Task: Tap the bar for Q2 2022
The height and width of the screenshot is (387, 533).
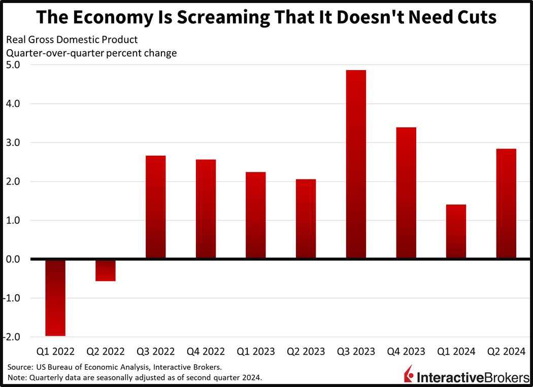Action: coord(106,270)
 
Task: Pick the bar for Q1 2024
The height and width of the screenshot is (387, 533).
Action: coord(456,232)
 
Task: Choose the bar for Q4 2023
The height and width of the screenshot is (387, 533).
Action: coord(406,193)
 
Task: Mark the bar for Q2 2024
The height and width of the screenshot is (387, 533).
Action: coord(506,204)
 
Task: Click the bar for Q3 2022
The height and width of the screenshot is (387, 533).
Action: coord(155,207)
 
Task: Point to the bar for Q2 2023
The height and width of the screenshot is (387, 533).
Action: coord(306,219)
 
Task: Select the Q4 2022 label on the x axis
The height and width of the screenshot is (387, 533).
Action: coord(205,351)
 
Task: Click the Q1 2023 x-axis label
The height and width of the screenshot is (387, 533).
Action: coord(255,351)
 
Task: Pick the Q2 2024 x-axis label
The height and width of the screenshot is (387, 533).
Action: coord(506,351)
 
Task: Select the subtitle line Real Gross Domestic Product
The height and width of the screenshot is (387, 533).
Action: coord(72,40)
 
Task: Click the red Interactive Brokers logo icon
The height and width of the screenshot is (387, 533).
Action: coord(408,375)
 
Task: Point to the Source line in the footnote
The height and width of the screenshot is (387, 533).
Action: coord(115,366)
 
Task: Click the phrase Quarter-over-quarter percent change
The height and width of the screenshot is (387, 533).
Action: coord(91,53)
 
